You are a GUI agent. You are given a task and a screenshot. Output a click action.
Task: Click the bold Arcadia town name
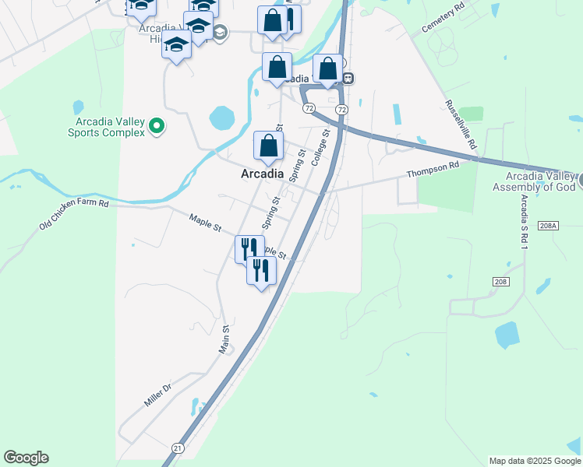[261, 174]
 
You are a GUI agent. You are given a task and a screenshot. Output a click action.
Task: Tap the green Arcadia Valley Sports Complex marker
[157, 125]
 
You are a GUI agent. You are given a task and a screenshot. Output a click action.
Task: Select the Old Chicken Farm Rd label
[73, 215]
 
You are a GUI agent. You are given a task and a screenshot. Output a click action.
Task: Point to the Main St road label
[224, 339]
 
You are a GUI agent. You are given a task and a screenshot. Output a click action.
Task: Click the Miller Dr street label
[157, 395]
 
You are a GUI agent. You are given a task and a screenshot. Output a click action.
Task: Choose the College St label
[320, 147]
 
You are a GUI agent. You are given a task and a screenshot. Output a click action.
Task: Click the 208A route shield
[548, 226]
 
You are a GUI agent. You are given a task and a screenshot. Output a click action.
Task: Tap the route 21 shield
[178, 448]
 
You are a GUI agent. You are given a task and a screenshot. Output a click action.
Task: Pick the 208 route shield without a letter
[500, 280]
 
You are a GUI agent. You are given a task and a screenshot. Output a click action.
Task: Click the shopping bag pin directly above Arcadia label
[268, 146]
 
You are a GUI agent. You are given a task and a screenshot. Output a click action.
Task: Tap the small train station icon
[348, 78]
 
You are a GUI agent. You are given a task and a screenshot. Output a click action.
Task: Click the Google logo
[26, 458]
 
